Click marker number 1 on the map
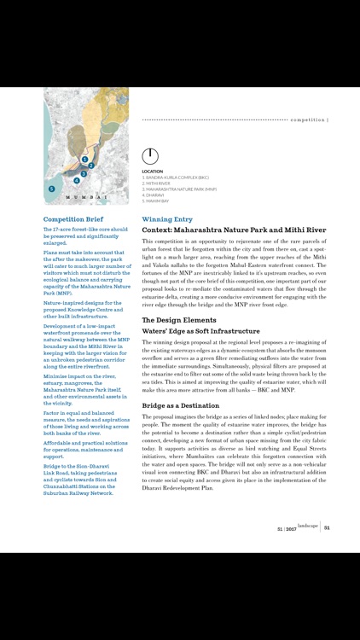point(85,160)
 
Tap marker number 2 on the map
point(91,166)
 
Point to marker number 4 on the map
point(76,181)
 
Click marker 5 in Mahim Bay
point(51,189)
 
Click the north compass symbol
point(150,156)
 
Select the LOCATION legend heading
point(153,172)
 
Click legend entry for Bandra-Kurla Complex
point(175,177)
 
